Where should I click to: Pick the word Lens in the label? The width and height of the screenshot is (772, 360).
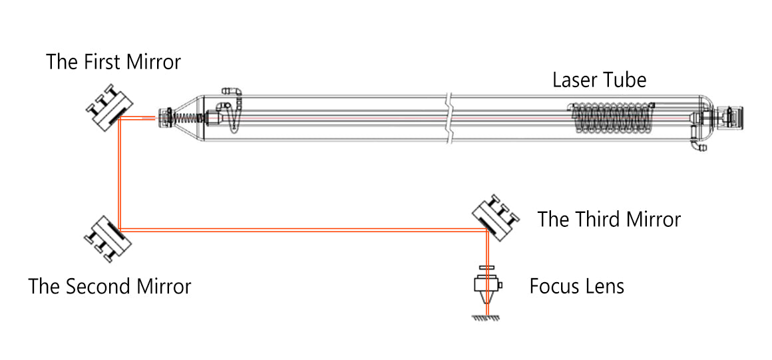pyautogui.click(x=603, y=287)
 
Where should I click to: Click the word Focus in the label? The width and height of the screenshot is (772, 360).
pyautogui.click(x=552, y=287)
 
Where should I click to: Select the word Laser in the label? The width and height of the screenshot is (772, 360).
pyautogui.click(x=574, y=80)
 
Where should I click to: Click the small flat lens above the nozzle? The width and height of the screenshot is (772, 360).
pyautogui.click(x=487, y=268)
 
